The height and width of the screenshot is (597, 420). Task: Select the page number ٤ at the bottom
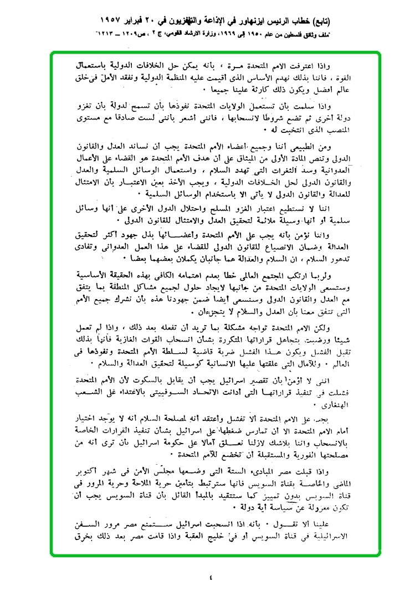211,577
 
